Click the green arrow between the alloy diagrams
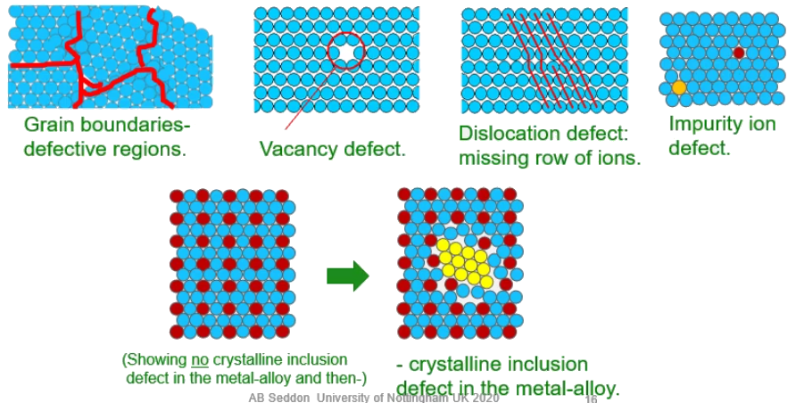tap(347, 275)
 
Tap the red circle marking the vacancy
tap(346, 53)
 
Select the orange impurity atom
tap(679, 87)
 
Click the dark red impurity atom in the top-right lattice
tap(739, 53)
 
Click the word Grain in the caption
tap(50, 125)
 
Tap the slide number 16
tap(591, 399)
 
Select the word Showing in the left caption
tap(156, 359)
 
